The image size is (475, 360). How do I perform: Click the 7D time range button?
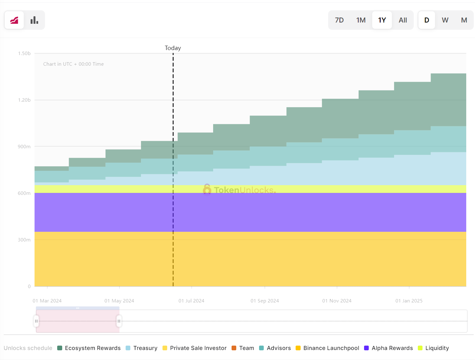339,20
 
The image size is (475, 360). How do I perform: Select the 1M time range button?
361,20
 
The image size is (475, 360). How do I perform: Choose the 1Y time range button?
382,20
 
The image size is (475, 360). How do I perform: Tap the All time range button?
403,20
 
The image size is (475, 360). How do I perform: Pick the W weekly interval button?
445,20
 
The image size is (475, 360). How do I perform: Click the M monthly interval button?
464,20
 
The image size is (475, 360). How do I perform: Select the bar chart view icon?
34,20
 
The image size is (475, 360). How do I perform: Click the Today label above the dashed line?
173,48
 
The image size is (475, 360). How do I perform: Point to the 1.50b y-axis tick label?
24,53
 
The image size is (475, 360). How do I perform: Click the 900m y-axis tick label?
24,147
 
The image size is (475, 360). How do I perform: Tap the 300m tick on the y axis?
24,240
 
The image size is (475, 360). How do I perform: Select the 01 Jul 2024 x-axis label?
191,301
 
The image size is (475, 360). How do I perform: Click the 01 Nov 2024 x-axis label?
337,301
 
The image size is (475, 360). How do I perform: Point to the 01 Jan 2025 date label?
409,301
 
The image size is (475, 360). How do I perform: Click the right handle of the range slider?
119,321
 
